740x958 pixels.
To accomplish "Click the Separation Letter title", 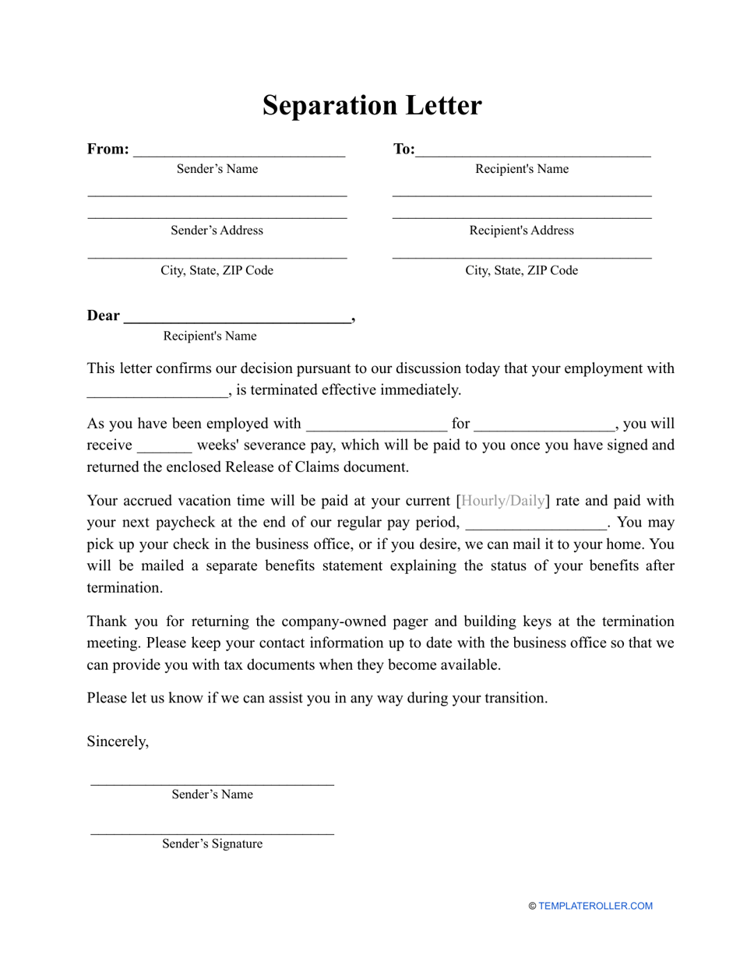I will point(372,105).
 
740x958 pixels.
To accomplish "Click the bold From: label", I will point(107,149).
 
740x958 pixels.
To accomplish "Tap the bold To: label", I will point(403,149).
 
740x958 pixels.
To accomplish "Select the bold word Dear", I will point(104,315).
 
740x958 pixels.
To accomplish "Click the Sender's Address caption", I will point(217,231).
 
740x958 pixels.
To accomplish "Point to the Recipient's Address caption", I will point(521,231).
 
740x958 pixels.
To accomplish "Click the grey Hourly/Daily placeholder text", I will point(503,501).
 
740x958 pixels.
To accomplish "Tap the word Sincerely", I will point(118,741).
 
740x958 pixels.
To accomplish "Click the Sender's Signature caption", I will point(212,844).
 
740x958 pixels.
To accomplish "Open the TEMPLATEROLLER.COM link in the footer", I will point(595,906).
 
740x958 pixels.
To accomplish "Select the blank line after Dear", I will point(238,318).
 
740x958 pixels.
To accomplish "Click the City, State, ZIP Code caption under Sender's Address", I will point(217,270).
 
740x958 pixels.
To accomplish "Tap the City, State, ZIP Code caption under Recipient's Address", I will point(521,270).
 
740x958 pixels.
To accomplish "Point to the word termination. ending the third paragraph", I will point(125,588).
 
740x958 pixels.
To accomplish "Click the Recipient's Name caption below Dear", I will point(210,336).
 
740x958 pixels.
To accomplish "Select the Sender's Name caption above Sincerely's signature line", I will point(212,794).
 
